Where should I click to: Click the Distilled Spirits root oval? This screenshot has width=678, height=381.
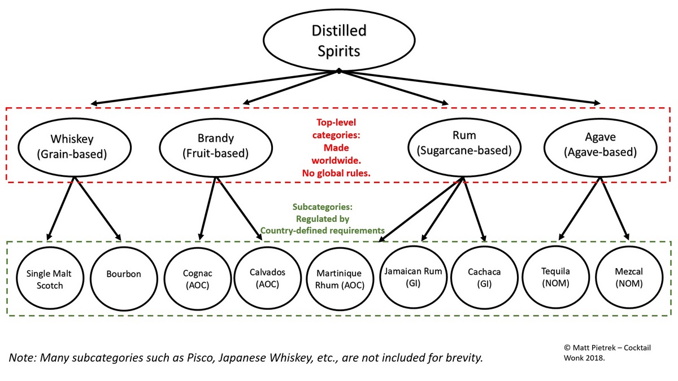click(338, 40)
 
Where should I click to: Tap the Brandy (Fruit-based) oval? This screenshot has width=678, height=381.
click(215, 146)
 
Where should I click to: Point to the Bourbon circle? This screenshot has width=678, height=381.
click(123, 274)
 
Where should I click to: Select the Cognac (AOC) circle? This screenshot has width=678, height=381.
click(197, 279)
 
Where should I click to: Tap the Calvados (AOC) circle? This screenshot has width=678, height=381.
click(267, 278)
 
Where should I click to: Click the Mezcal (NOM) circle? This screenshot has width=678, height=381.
click(629, 278)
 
